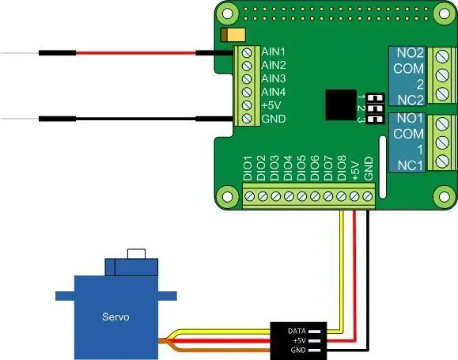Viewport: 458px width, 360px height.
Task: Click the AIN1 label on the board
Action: (273, 51)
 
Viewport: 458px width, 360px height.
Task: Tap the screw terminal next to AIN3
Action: (247, 79)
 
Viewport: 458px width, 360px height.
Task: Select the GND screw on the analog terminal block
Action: (247, 119)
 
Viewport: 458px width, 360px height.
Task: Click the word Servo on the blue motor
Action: (115, 316)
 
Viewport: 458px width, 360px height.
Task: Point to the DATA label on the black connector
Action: (297, 331)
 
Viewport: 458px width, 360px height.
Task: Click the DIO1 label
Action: (248, 168)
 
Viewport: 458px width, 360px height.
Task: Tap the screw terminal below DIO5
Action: (301, 196)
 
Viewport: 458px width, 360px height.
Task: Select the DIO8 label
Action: (342, 168)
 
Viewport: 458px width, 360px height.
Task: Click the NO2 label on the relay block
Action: (410, 53)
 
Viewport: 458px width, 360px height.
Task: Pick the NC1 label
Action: (410, 165)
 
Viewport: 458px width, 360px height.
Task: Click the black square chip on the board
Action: (341, 105)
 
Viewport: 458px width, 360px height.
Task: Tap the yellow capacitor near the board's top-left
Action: (233, 35)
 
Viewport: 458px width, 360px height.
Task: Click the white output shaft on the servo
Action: (136, 254)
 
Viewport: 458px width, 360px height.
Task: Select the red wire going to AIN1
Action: (136, 53)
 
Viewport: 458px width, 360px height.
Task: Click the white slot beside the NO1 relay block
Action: (382, 167)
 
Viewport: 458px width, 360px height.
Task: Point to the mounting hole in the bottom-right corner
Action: (444, 197)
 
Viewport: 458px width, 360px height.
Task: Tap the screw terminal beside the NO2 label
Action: (442, 57)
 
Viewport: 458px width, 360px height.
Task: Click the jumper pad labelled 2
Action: (376, 108)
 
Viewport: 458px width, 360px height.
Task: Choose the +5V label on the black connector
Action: (299, 340)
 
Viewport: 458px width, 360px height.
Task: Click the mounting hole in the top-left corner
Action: (227, 13)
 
